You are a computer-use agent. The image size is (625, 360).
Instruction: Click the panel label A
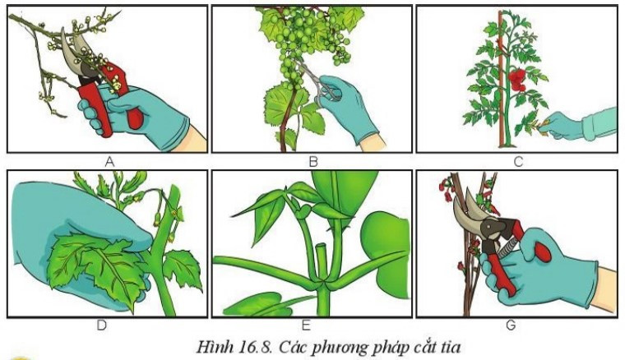click(x=108, y=162)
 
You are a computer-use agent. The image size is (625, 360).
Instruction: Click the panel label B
click(x=312, y=162)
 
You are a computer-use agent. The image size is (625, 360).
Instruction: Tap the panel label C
click(x=516, y=162)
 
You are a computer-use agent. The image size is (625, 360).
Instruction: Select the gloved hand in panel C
click(x=576, y=124)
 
